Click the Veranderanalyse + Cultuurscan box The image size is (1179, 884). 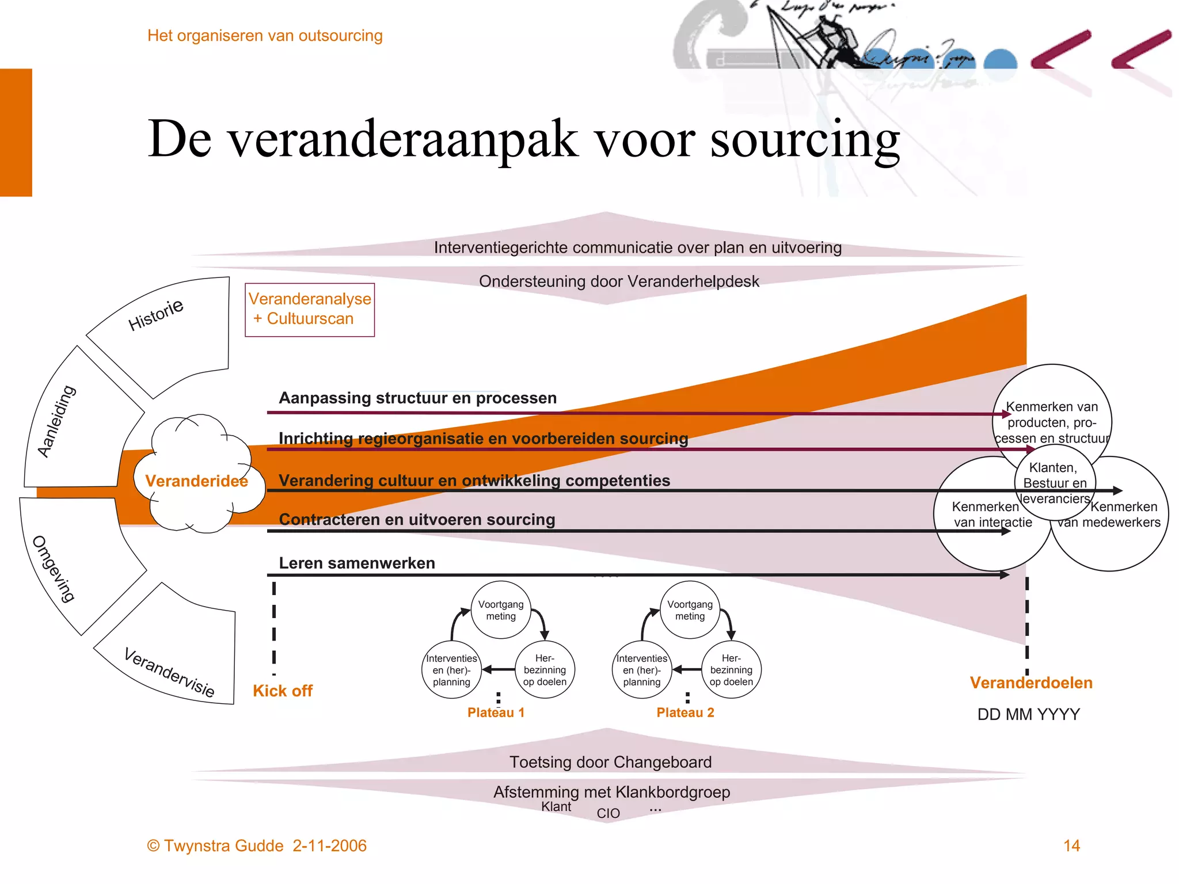pos(310,309)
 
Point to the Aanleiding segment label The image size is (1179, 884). pos(56,421)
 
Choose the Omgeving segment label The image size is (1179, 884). pos(54,568)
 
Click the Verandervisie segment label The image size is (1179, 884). pos(169,672)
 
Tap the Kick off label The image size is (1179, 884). pos(282,691)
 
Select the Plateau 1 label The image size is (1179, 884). pos(496,712)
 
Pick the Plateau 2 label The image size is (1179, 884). pos(685,712)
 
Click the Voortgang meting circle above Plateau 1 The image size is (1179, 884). pos(501,610)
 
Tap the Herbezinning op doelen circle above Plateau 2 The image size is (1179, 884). pos(731,670)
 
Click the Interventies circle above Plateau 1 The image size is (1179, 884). pos(451,670)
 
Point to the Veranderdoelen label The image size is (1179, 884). pos(1031,683)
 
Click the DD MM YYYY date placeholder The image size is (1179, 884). pos(1029,714)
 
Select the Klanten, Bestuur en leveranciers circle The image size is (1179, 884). pos(1055,483)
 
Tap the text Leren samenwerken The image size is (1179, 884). pos(357,563)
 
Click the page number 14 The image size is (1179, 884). pos(1071,845)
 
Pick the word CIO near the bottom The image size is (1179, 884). pos(608,813)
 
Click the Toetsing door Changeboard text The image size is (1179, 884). pos(610,762)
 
